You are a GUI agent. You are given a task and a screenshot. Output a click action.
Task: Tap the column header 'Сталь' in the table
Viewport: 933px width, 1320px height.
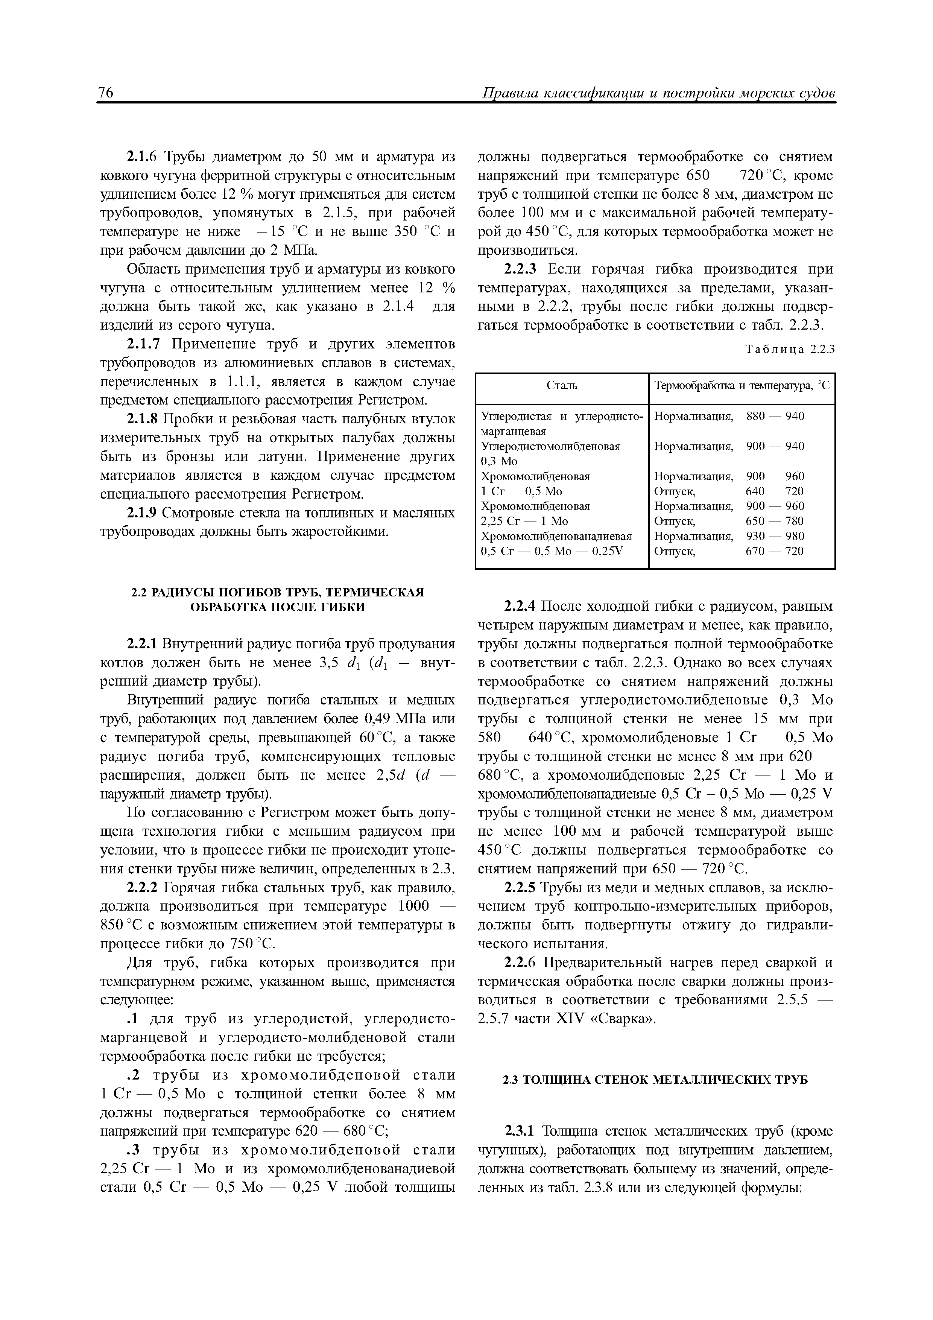pyautogui.click(x=561, y=386)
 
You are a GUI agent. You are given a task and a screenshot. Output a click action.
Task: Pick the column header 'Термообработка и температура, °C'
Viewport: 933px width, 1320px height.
pyautogui.click(x=742, y=386)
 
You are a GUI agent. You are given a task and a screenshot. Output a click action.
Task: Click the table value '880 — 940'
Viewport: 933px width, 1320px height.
pyautogui.click(x=775, y=416)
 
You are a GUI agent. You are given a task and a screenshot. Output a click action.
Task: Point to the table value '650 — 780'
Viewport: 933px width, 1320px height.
pyautogui.click(x=775, y=521)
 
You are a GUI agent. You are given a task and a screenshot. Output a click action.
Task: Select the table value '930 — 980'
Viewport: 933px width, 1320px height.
pyautogui.click(x=775, y=536)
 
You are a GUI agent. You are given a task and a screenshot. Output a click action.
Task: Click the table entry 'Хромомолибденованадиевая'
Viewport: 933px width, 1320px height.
pyautogui.click(x=556, y=536)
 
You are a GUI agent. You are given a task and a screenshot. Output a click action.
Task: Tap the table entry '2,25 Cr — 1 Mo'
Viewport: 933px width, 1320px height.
pyautogui.click(x=524, y=521)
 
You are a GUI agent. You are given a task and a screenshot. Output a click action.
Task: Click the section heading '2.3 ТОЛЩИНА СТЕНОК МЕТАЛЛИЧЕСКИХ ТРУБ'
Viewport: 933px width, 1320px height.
pyautogui.click(x=655, y=1080)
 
